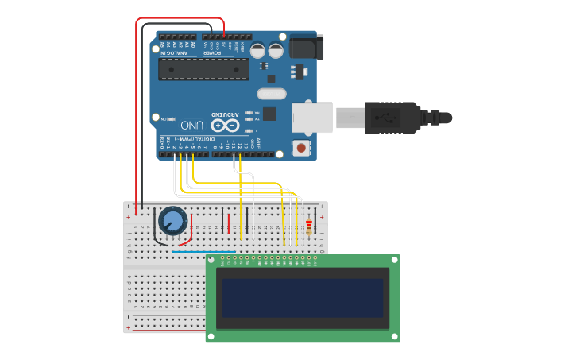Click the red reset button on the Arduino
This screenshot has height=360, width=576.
[301, 147]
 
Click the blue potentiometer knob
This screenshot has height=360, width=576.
[172, 220]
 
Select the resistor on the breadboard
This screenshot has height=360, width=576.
[309, 228]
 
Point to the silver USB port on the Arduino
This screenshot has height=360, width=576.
[312, 118]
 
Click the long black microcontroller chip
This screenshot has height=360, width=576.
[203, 69]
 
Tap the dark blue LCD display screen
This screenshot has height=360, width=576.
[303, 297]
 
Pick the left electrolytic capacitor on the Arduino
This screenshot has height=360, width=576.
[258, 50]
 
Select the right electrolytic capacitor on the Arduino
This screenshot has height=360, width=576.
[276, 50]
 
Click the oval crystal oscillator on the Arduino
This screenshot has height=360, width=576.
[270, 95]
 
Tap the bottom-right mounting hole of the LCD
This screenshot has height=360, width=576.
[394, 336]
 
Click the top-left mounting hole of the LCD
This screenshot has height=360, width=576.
[211, 260]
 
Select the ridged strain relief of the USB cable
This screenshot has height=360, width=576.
[430, 118]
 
